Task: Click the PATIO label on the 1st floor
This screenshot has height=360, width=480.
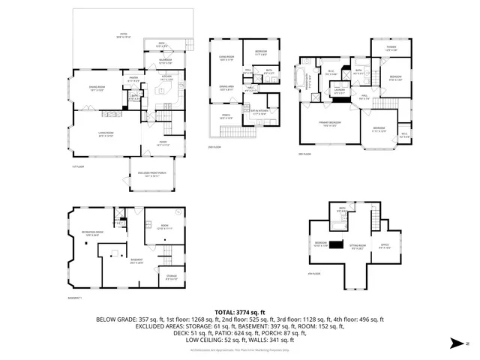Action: tap(124, 34)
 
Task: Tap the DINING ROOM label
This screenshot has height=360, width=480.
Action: tap(96, 88)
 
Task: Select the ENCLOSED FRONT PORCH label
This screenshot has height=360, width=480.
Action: tap(153, 174)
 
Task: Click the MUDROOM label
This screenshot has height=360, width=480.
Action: tap(165, 61)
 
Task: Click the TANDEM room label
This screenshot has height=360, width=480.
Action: tap(391, 49)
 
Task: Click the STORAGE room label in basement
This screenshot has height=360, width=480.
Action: tap(172, 278)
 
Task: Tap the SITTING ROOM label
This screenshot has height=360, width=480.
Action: tap(358, 247)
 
